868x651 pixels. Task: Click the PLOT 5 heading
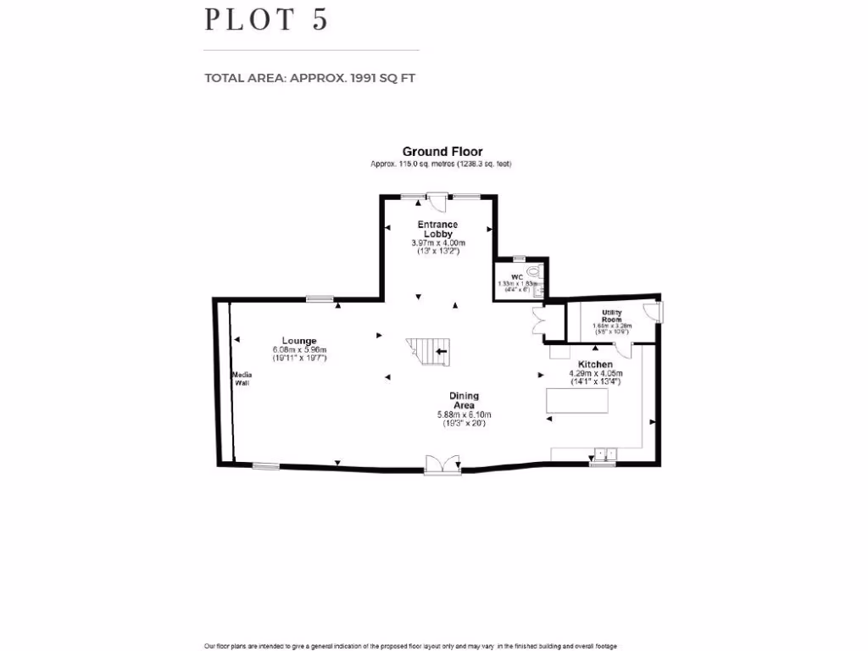point(265,19)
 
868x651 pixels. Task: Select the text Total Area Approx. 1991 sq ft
point(309,78)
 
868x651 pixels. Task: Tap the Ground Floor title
point(442,152)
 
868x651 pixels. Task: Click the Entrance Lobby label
point(438,229)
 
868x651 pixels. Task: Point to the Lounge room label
point(299,341)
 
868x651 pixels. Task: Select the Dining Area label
point(464,400)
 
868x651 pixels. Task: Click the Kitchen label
point(595,364)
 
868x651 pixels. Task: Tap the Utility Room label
point(611,316)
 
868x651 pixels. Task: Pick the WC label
point(516,277)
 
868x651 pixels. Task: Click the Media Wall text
point(242,378)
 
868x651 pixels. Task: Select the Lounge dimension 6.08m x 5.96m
point(299,350)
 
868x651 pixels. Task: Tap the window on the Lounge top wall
point(320,298)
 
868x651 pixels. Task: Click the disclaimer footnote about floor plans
point(410,646)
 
